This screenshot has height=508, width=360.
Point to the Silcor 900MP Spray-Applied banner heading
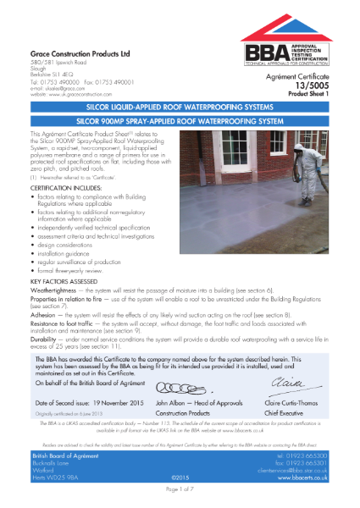tap(180, 122)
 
